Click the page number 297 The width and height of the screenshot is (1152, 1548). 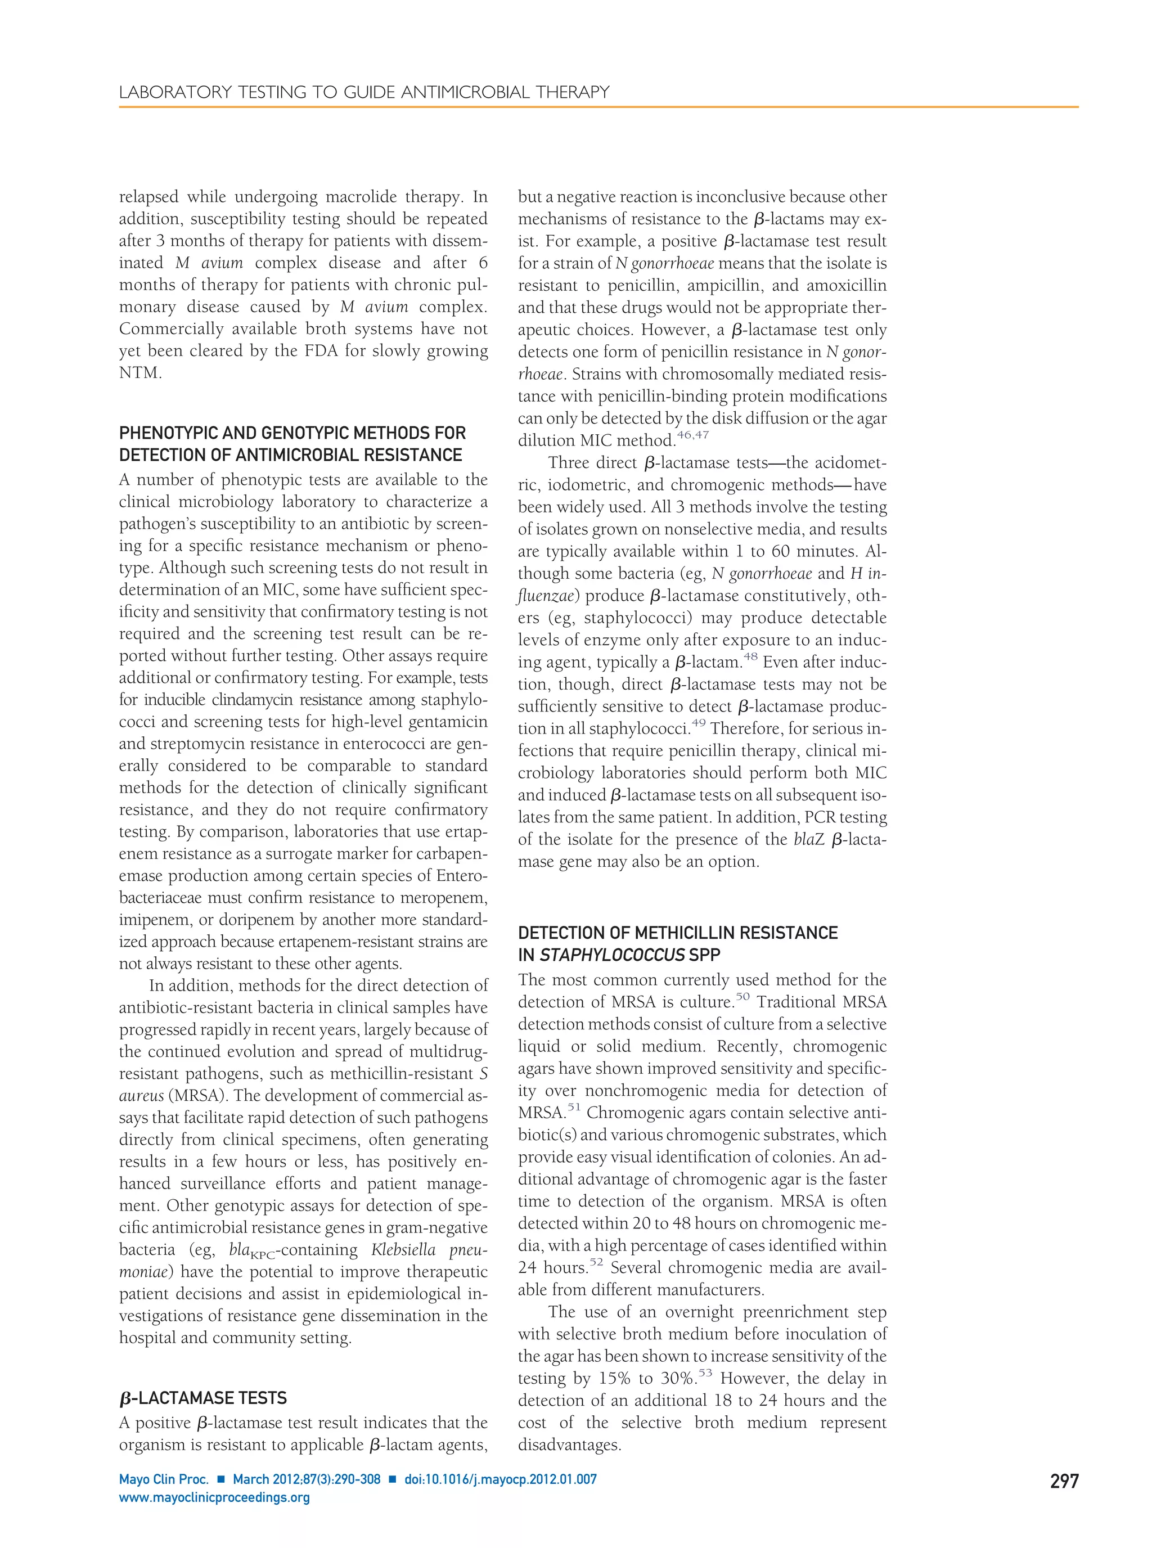(1064, 1481)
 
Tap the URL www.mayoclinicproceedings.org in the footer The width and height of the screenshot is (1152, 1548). (214, 1497)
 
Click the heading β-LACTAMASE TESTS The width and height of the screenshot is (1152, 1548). (203, 1398)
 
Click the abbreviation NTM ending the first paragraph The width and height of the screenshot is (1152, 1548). (140, 373)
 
